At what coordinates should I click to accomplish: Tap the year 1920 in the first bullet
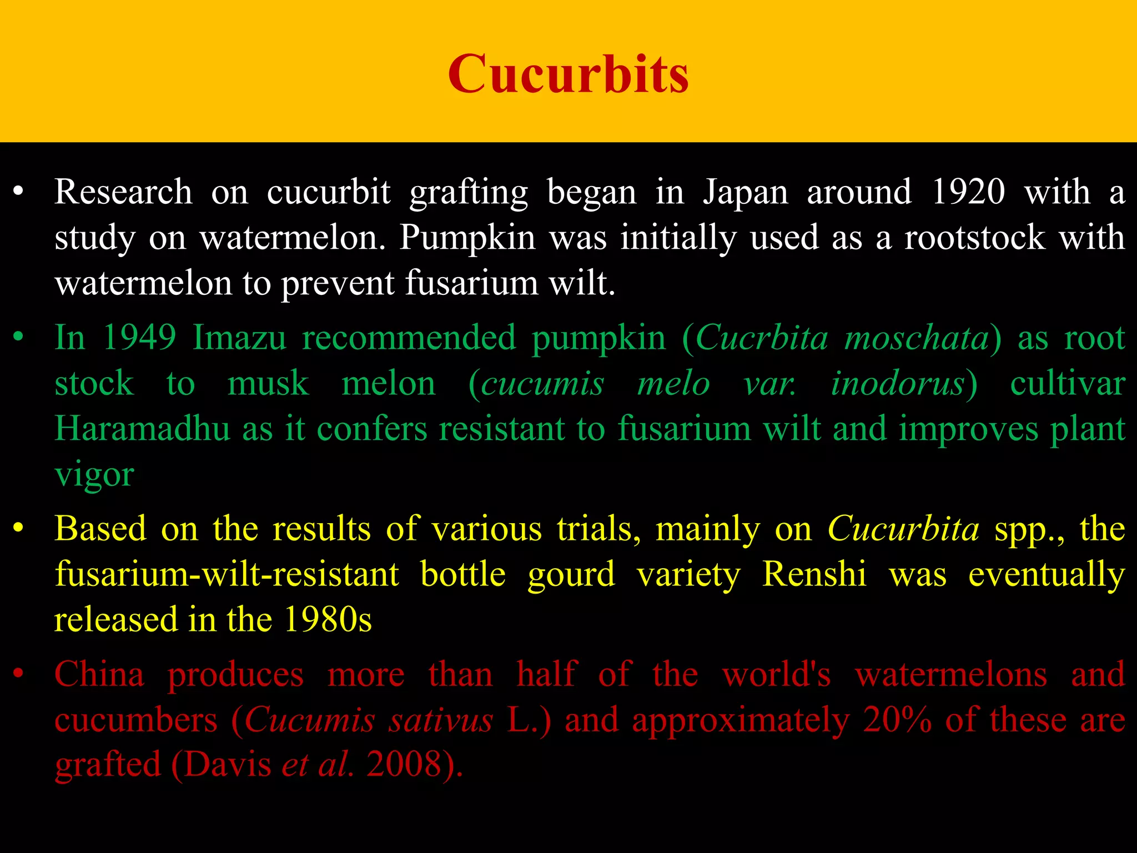(968, 192)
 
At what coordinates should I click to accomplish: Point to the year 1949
(140, 338)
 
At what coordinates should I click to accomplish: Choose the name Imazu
(239, 338)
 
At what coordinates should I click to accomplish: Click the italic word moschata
(917, 338)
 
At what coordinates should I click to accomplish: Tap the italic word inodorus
(898, 384)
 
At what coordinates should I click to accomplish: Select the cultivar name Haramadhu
(142, 429)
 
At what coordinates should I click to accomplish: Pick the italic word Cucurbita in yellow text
(903, 529)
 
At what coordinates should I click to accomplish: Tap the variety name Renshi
(814, 574)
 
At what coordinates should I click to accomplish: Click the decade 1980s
(328, 620)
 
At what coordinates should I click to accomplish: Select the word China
(99, 675)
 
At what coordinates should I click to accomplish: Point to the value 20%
(897, 720)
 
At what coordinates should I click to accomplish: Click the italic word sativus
(441, 720)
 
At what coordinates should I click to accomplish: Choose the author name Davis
(228, 765)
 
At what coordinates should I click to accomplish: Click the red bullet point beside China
(18, 674)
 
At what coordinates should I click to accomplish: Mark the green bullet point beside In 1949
(18, 337)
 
